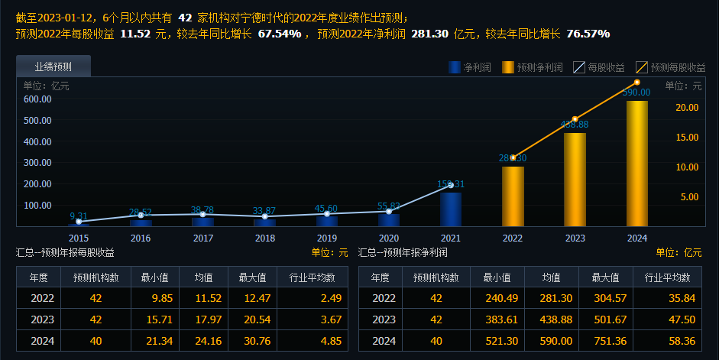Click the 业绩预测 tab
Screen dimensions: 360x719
coord(53,66)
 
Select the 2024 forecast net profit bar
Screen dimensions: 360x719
coord(637,164)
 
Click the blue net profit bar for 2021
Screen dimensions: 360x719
coord(451,209)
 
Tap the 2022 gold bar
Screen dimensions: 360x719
coord(513,196)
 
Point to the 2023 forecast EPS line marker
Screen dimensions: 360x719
coord(575,119)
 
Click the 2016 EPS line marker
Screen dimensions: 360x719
coord(141,216)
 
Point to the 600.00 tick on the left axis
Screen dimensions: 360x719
coord(37,99)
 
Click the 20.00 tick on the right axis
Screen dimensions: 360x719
coord(688,108)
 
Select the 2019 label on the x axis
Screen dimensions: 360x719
coord(327,238)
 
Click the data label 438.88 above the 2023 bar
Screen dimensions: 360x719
coord(575,125)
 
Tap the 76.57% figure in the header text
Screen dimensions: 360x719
coord(588,34)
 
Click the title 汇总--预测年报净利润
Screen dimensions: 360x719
coord(403,252)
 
